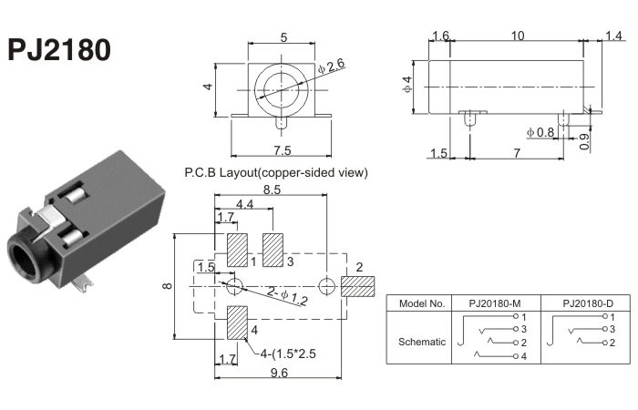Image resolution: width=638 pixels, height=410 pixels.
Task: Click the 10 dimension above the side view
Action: pyautogui.click(x=518, y=36)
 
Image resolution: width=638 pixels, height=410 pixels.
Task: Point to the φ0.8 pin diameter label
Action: pyautogui.click(x=540, y=133)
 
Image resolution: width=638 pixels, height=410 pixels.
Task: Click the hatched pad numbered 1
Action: pyautogui.click(x=237, y=251)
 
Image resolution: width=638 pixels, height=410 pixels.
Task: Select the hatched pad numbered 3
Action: pyautogui.click(x=273, y=251)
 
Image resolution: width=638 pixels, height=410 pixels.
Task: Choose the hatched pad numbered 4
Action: pyautogui.click(x=237, y=323)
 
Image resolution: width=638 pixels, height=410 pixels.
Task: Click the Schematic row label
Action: pyautogui.click(x=423, y=342)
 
